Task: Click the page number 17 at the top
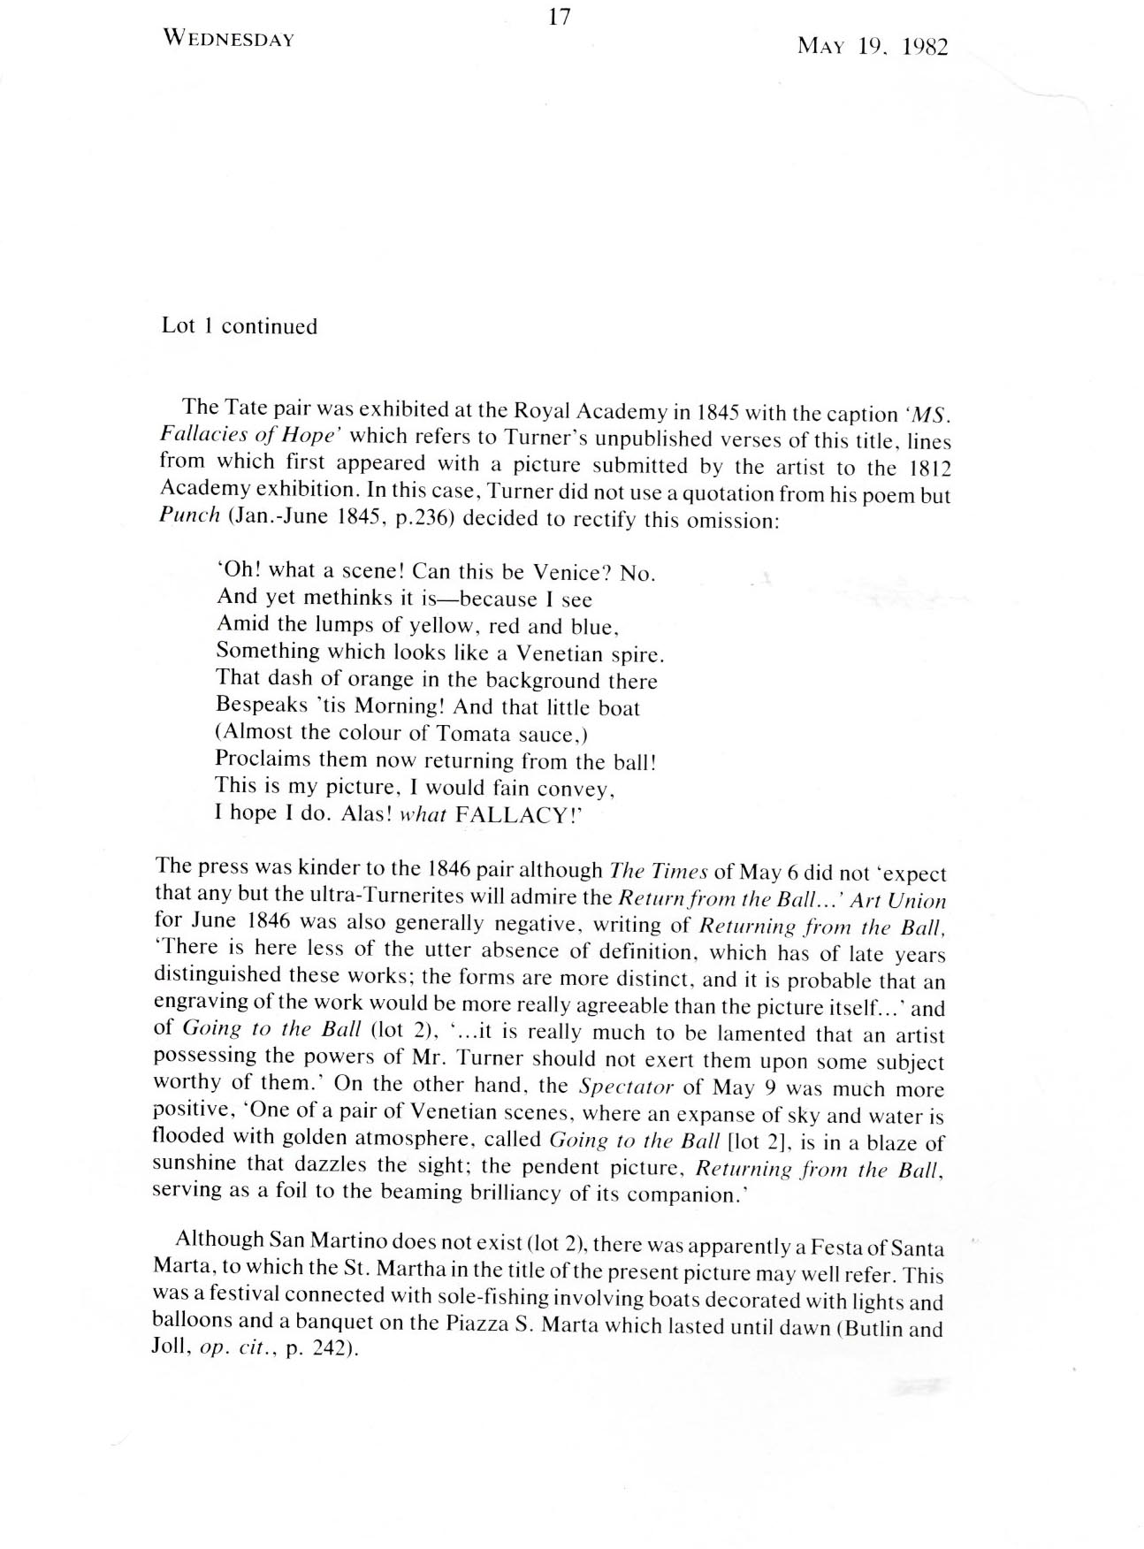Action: pos(559,17)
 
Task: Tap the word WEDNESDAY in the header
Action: pos(228,40)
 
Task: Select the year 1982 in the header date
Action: pos(925,47)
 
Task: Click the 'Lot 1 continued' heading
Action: pos(239,326)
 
